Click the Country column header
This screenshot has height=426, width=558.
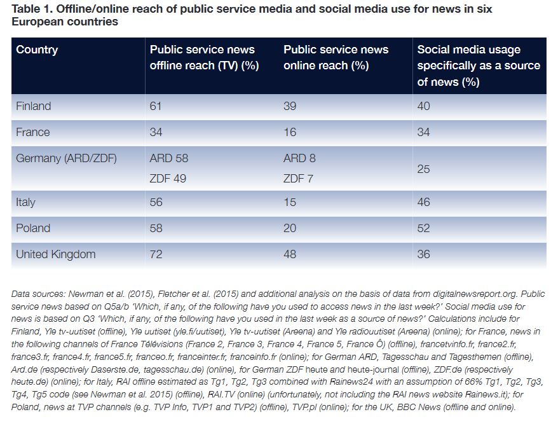pos(37,50)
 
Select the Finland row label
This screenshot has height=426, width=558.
pos(33,106)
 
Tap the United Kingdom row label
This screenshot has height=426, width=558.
pos(55,254)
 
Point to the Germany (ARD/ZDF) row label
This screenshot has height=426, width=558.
pos(66,158)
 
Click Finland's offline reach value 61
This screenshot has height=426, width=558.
pos(156,106)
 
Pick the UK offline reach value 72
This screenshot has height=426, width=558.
pos(156,254)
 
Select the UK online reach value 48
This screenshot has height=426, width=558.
pos(290,254)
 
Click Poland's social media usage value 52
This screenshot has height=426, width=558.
pos(423,228)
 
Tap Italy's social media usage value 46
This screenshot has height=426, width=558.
pos(423,202)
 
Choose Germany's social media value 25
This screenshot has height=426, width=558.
pos(423,168)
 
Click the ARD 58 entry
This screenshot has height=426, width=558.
pos(169,158)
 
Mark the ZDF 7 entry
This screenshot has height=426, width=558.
pos(298,179)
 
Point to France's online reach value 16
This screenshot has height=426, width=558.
pos(290,132)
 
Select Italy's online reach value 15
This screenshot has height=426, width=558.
pos(290,202)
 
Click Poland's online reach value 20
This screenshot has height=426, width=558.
pos(290,228)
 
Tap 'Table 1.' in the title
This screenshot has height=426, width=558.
pos(32,10)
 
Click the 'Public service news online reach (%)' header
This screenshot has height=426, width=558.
pos(336,58)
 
